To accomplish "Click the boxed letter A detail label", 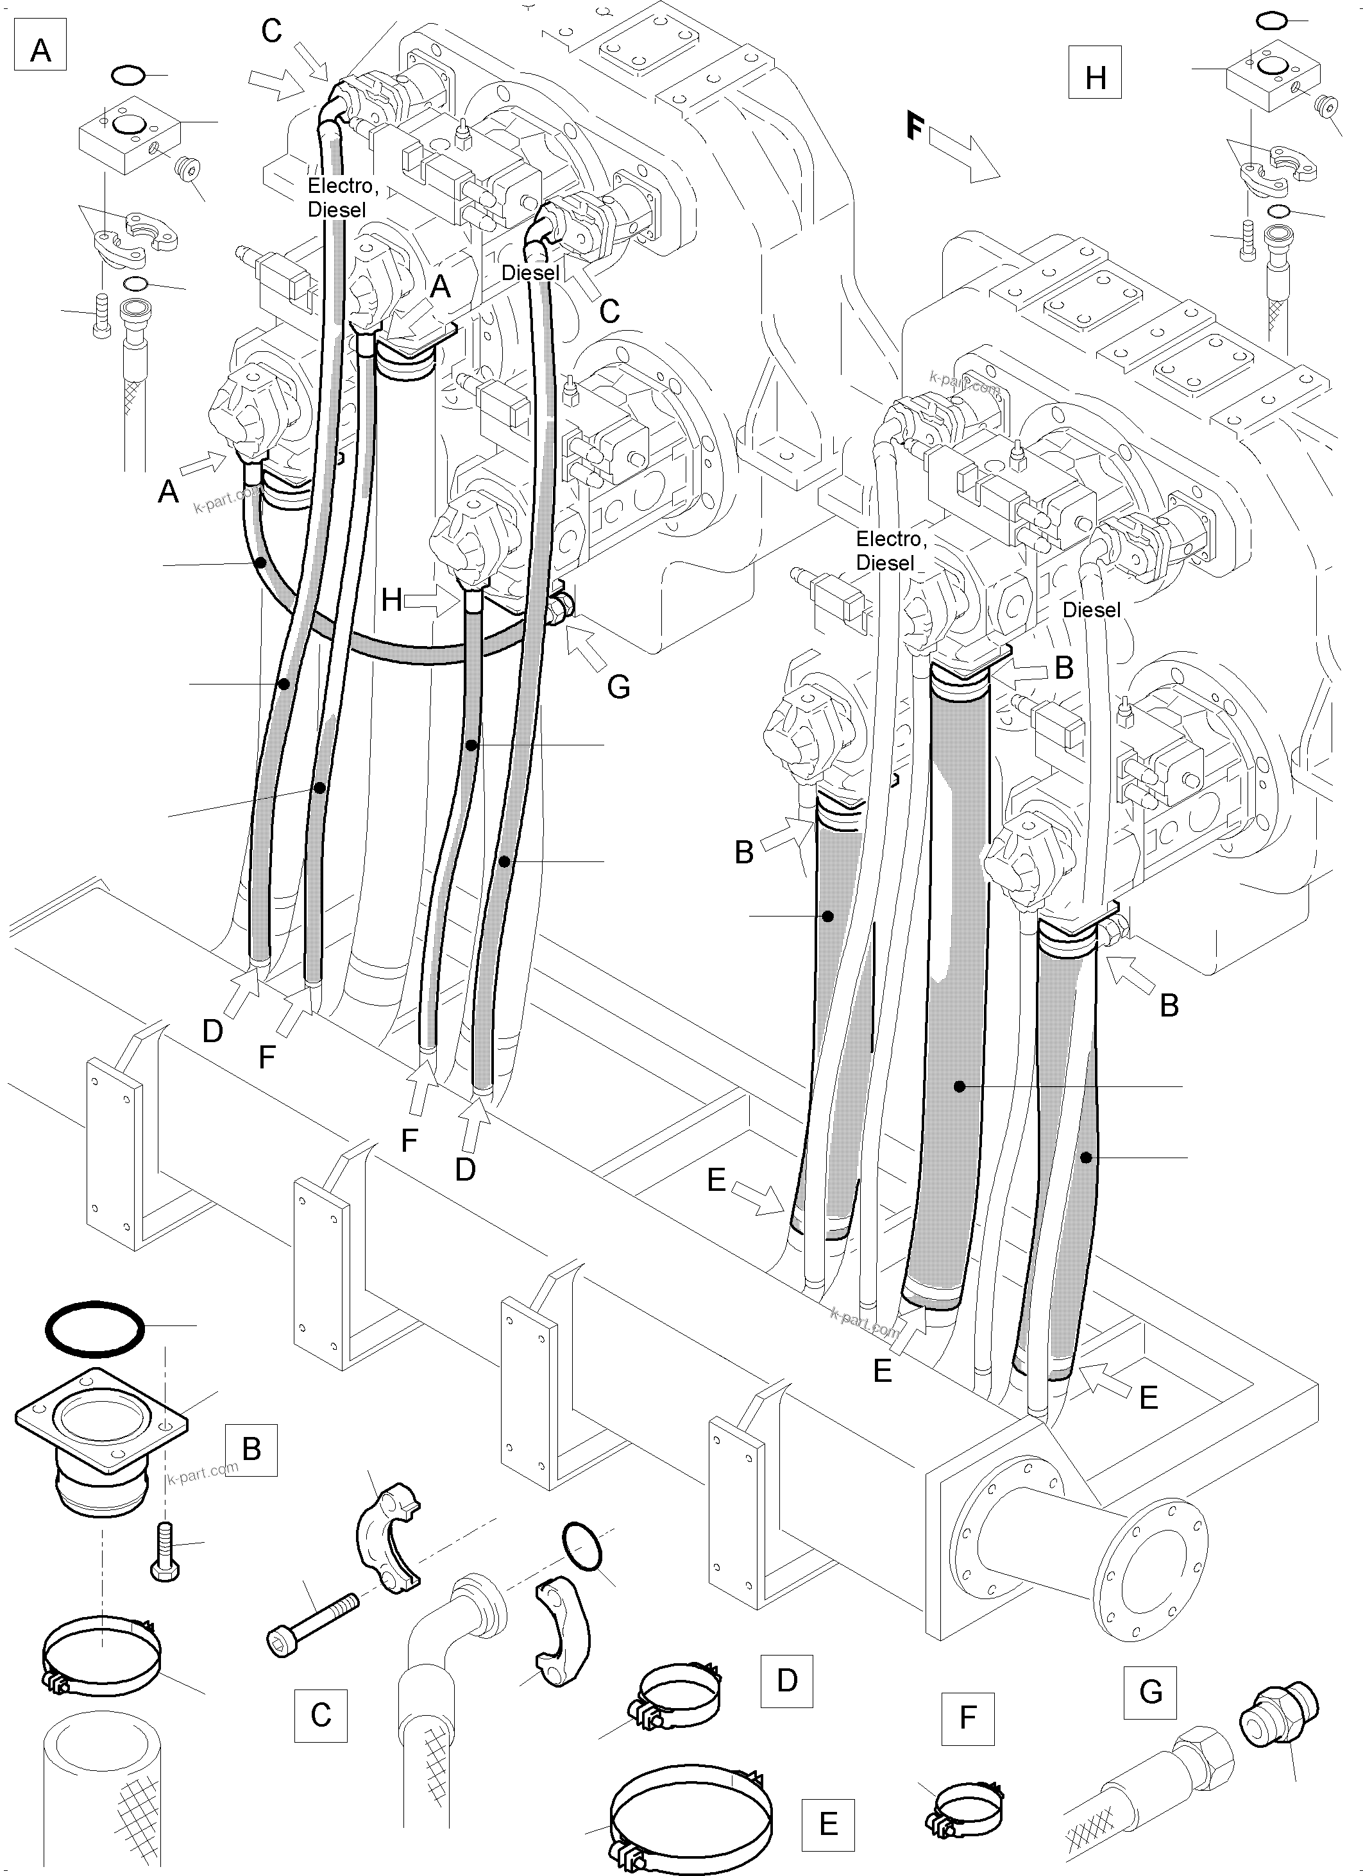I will (x=40, y=51).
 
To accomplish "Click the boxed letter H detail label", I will (x=1095, y=77).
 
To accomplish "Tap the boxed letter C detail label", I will (x=320, y=1714).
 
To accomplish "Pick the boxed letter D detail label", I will (x=786, y=1680).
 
